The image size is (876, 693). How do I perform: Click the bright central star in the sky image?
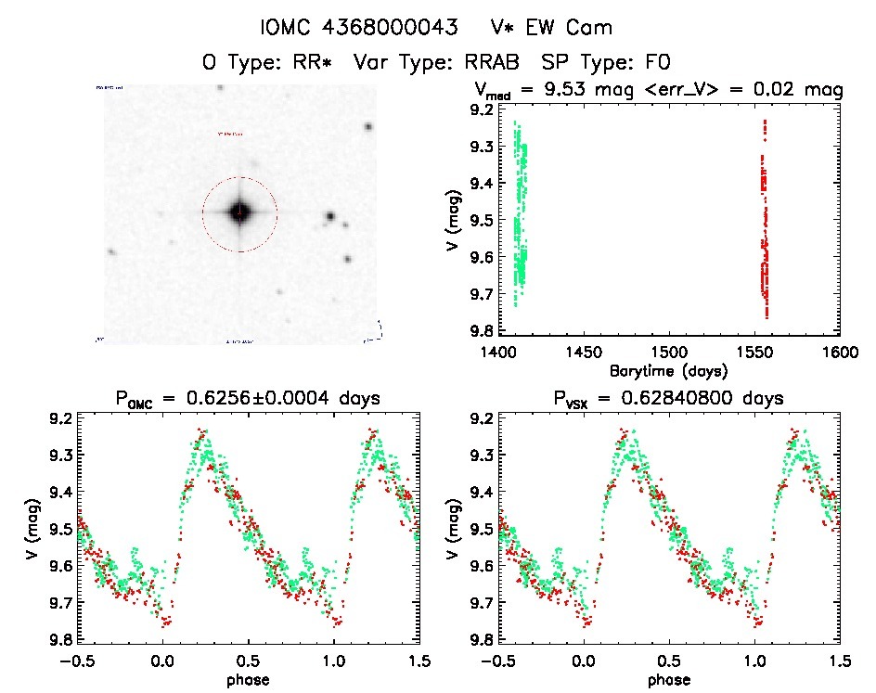(x=239, y=212)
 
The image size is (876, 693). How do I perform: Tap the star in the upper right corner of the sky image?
(x=368, y=127)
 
